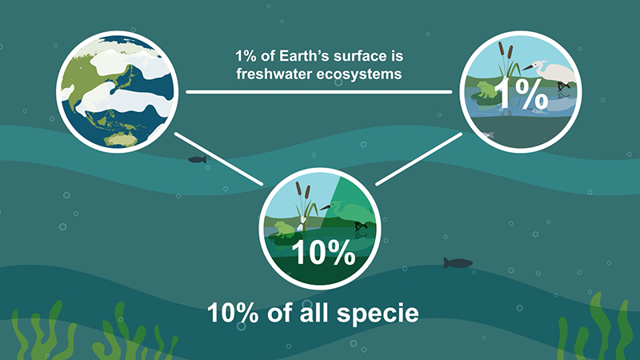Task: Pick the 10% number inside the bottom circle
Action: click(323, 253)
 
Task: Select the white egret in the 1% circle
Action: click(551, 74)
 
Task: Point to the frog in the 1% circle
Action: click(485, 90)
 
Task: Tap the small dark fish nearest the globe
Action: click(197, 159)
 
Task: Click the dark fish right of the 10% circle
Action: click(458, 263)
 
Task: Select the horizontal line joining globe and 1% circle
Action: click(318, 92)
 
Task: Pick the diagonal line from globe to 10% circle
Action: click(218, 158)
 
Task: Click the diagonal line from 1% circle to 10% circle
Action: click(418, 158)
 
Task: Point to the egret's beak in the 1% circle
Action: click(527, 67)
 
